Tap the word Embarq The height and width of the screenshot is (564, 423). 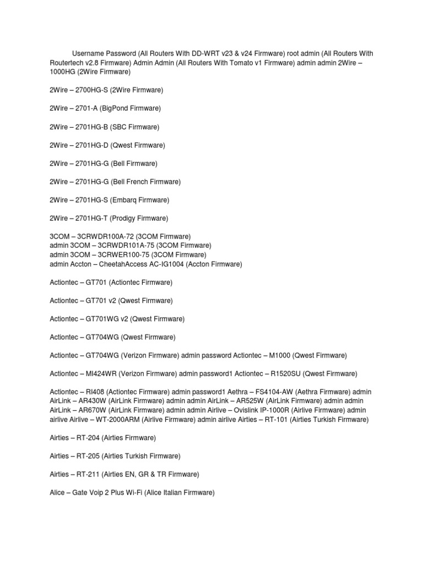pos(126,200)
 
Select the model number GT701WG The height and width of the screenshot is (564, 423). pos(101,319)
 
